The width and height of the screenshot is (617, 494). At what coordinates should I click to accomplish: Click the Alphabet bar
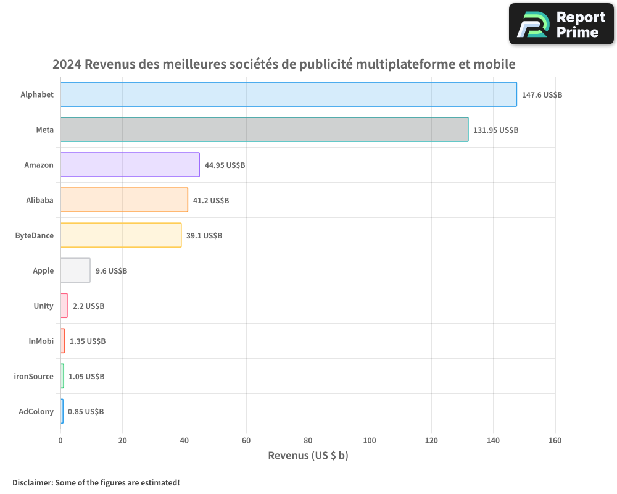(x=288, y=94)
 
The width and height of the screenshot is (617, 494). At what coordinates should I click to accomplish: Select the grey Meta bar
(x=264, y=130)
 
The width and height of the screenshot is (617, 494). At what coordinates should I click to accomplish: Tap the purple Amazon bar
(x=130, y=165)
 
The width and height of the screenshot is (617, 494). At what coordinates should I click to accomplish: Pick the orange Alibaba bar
(x=124, y=200)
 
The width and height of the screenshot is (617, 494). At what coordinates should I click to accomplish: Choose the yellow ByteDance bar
(x=121, y=235)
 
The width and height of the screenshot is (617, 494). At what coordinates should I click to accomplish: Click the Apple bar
(x=75, y=270)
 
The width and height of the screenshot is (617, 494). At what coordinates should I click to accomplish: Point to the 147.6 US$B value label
(x=542, y=95)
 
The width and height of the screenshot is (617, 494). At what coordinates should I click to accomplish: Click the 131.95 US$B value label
(x=495, y=130)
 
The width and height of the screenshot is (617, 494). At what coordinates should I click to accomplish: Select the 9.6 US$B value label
(x=111, y=271)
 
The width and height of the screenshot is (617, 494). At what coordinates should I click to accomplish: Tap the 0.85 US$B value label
(x=86, y=412)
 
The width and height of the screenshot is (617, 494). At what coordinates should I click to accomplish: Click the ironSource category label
(x=34, y=376)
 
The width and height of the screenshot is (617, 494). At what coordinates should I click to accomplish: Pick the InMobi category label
(x=41, y=341)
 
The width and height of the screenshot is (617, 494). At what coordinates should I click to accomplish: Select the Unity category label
(x=44, y=306)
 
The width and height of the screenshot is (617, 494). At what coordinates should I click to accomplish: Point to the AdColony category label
(x=36, y=411)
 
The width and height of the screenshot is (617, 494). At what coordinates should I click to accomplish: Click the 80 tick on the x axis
(x=308, y=441)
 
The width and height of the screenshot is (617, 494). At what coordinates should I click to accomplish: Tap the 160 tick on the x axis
(x=555, y=441)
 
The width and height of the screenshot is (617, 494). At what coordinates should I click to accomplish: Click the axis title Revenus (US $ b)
(x=308, y=456)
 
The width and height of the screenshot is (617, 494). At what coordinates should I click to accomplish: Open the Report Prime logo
(x=561, y=24)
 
